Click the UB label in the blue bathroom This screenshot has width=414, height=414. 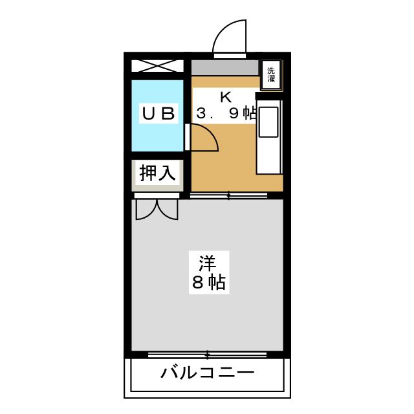pyautogui.click(x=158, y=114)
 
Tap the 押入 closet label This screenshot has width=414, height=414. pyautogui.click(x=157, y=173)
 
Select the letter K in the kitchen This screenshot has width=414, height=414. pyautogui.click(x=225, y=98)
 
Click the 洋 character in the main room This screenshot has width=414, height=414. pyautogui.click(x=208, y=264)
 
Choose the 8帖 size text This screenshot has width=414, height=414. pyautogui.click(x=208, y=283)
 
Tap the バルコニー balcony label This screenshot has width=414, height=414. pyautogui.click(x=208, y=373)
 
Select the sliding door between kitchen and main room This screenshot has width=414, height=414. pyautogui.click(x=229, y=194)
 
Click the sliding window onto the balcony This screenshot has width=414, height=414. pyautogui.click(x=208, y=354)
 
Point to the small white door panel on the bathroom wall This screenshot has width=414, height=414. pyautogui.click(x=188, y=136)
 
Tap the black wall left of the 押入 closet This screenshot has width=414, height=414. pyautogui.click(x=128, y=173)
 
